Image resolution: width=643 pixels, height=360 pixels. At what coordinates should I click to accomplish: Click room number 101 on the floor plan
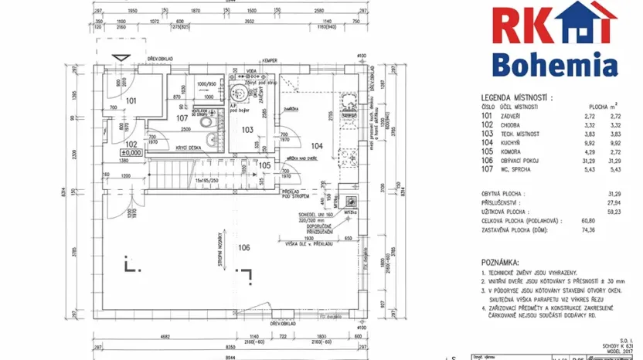pyautogui.click(x=131, y=101)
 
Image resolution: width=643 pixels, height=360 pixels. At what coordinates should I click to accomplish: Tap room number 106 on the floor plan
pyautogui.click(x=245, y=247)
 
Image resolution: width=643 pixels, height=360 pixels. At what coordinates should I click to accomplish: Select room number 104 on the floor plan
pyautogui.click(x=316, y=145)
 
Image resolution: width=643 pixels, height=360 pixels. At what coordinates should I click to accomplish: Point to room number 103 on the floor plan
pyautogui.click(x=248, y=130)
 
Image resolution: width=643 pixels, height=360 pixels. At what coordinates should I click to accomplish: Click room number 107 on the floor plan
pyautogui.click(x=182, y=118)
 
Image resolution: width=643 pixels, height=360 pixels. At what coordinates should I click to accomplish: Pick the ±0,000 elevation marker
pyautogui.click(x=131, y=153)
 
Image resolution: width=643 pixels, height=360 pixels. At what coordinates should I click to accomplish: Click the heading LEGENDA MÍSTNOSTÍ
pyautogui.click(x=519, y=97)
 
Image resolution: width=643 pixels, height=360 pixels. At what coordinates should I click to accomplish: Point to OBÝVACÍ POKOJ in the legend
pyautogui.click(x=522, y=161)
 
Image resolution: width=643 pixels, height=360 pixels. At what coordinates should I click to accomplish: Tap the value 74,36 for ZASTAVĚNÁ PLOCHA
pyautogui.click(x=615, y=229)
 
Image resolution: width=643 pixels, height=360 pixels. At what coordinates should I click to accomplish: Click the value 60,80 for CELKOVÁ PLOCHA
pyautogui.click(x=615, y=220)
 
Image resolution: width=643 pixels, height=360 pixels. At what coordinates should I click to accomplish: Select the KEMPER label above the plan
pyautogui.click(x=269, y=59)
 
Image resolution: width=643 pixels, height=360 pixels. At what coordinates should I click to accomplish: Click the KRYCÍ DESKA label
pyautogui.click(x=190, y=147)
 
